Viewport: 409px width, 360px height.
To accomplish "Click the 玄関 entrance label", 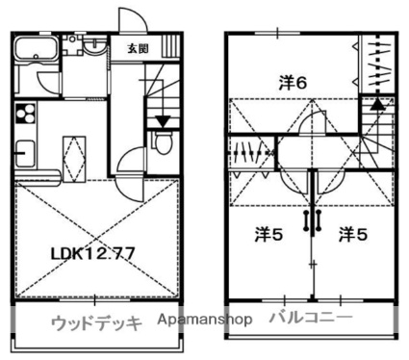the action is tap(139, 49).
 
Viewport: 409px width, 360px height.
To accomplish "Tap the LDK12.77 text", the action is tap(92, 254).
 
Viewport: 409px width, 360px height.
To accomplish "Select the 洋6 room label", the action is tap(293, 84).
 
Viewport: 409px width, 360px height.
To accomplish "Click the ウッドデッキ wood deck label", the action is tap(96, 323).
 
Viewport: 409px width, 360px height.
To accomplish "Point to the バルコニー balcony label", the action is tap(311, 318).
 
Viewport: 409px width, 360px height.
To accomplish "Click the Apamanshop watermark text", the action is tap(205, 320).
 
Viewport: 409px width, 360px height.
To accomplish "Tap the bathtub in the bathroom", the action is tap(37, 49).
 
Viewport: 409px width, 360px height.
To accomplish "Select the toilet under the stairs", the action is tap(163, 142).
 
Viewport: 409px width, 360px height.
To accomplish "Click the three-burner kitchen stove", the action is tap(25, 114).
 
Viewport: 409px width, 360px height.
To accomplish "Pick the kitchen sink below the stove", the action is tap(25, 154).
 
